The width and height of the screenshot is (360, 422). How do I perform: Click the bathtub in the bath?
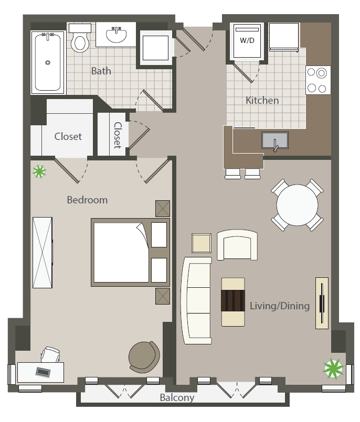47,62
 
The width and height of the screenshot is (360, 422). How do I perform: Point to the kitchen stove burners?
318,80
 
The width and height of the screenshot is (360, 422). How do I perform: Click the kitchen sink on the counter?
274,140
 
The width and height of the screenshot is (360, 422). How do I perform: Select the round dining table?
298,205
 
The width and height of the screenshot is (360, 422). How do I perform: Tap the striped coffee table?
234,301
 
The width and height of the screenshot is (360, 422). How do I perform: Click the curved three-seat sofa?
196,300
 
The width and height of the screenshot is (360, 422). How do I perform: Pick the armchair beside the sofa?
237,245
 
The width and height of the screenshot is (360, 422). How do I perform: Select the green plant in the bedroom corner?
39,171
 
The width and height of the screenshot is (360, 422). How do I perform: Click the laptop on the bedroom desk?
43,372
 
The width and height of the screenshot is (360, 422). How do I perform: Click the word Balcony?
177,398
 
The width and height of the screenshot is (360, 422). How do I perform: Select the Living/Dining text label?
279,306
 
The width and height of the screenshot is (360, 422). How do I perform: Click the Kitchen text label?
262,100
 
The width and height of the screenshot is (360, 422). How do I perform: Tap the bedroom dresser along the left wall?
43,252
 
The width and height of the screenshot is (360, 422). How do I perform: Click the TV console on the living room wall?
322,303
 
